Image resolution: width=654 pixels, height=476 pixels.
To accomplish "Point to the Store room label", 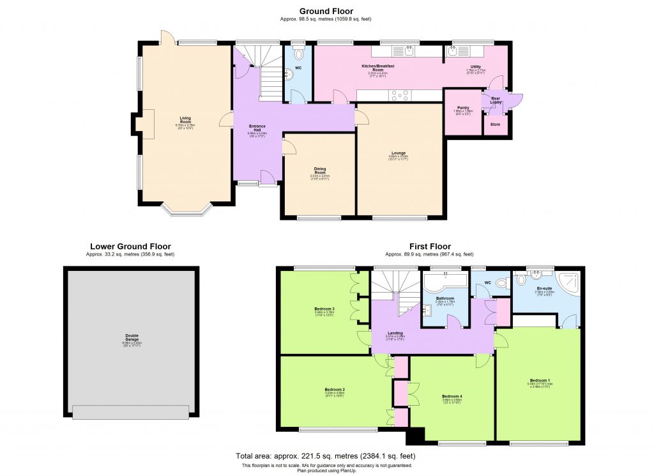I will click(496, 125).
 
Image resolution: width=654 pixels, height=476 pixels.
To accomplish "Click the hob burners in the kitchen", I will click(400, 96).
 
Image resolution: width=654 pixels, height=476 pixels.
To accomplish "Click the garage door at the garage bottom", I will click(131, 412).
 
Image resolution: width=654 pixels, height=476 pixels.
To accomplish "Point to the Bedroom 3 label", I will click(324, 311).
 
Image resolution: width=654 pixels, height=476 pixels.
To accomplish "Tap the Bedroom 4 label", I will click(452, 398).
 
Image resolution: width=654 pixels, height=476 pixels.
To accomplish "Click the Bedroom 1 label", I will click(539, 381).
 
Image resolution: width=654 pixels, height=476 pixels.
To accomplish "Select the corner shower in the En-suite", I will click(568, 282).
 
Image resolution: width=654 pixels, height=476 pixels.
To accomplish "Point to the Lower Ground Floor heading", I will click(130, 246).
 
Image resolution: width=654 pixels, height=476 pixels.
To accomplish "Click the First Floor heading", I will click(430, 246).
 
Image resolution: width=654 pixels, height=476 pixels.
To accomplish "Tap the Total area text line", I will click(326, 456).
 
